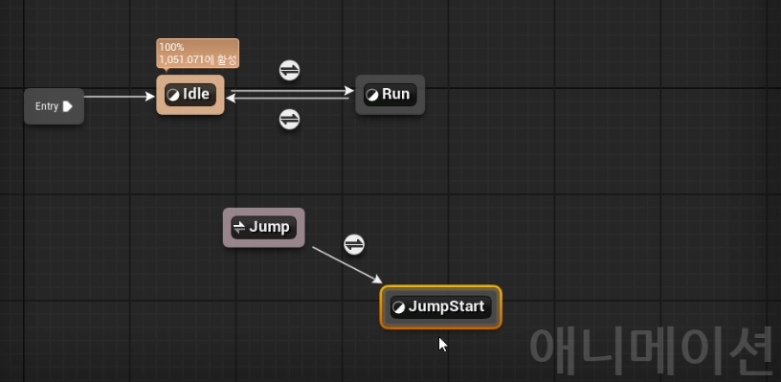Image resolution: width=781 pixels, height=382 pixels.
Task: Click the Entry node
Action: [x=54, y=106]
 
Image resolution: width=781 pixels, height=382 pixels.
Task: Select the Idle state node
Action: [x=190, y=95]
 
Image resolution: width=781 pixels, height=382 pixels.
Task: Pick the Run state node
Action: [x=390, y=95]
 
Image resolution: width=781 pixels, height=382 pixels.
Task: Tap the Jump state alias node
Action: [x=263, y=228]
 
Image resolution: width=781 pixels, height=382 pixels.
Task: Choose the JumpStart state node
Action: [x=441, y=306]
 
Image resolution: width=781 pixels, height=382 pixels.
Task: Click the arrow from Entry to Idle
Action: [x=120, y=97]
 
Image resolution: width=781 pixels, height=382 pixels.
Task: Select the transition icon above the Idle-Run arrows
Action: [x=289, y=70]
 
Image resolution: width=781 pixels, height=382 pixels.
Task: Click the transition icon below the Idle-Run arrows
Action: [x=289, y=120]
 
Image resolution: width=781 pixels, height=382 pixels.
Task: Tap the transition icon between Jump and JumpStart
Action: [x=354, y=244]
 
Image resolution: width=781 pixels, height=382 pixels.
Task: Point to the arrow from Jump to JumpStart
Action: [x=347, y=265]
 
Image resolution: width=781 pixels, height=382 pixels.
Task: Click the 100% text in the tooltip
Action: [x=171, y=47]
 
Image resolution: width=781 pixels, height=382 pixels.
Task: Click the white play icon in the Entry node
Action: [x=68, y=106]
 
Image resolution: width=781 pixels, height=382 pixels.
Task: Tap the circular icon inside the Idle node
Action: [x=173, y=95]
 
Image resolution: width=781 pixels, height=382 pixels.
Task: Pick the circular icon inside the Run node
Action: [x=372, y=95]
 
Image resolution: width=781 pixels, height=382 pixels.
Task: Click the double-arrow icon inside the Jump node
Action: [x=239, y=228]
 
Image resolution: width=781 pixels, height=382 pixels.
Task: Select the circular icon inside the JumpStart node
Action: [x=398, y=307]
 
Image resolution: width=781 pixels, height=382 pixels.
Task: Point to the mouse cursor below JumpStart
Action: [x=443, y=345]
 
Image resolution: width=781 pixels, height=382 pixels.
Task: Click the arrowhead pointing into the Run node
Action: [x=349, y=91]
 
